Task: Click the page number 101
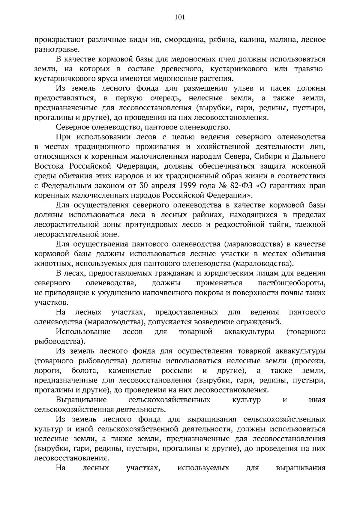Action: [x=180, y=17]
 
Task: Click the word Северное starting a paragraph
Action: [x=76, y=127]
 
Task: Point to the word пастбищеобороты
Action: [x=292, y=283]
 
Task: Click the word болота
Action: [x=85, y=371]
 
